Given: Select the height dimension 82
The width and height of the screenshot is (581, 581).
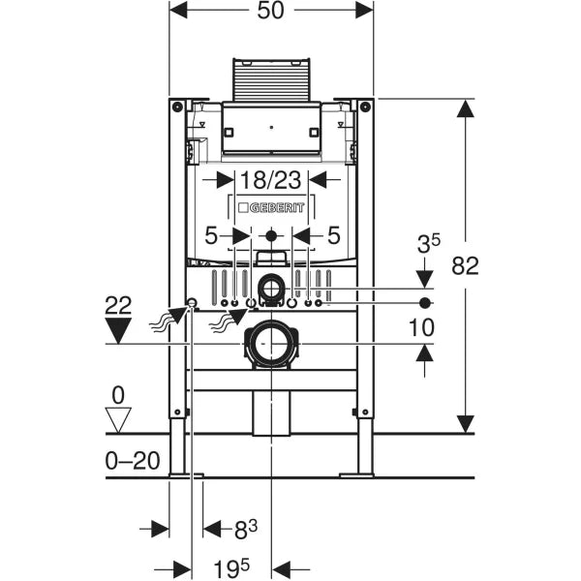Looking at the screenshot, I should click(466, 266).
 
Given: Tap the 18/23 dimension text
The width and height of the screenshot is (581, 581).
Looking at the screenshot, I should click(271, 180).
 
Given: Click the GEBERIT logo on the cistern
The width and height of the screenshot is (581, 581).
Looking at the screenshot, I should click(277, 208).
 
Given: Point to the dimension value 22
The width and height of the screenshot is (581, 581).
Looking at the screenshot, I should click(118, 305).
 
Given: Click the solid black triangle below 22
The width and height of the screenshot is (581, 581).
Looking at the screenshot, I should click(118, 330).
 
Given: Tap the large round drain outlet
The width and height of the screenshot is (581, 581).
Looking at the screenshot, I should click(271, 343).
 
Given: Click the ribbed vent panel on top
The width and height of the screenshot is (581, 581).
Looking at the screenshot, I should click(271, 80).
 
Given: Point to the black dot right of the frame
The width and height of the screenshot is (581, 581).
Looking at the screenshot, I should click(424, 303).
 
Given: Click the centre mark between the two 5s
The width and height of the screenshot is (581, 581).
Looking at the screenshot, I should click(271, 235).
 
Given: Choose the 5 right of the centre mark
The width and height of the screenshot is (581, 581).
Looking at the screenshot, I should click(333, 235).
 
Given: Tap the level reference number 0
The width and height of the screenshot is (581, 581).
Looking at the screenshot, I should click(118, 395).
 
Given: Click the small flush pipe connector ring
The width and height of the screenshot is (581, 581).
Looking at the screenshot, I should click(271, 287).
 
